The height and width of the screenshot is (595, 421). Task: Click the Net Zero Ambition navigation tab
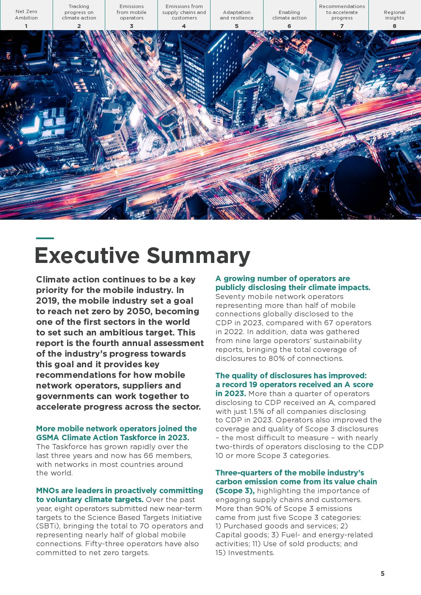[26, 15]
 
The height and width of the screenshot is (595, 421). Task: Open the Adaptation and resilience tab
[237, 15]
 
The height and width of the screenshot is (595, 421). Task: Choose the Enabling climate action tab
[289, 15]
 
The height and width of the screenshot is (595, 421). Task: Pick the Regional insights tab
[395, 15]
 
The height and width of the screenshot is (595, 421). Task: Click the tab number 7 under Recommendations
[342, 26]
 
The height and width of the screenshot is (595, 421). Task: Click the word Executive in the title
[87, 255]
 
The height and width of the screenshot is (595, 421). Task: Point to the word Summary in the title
[198, 256]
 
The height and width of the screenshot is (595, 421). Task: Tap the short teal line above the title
[45, 238]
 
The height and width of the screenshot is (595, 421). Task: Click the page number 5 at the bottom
[382, 574]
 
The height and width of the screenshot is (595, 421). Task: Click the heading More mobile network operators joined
[116, 429]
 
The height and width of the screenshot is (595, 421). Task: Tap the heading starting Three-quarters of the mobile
[290, 473]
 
